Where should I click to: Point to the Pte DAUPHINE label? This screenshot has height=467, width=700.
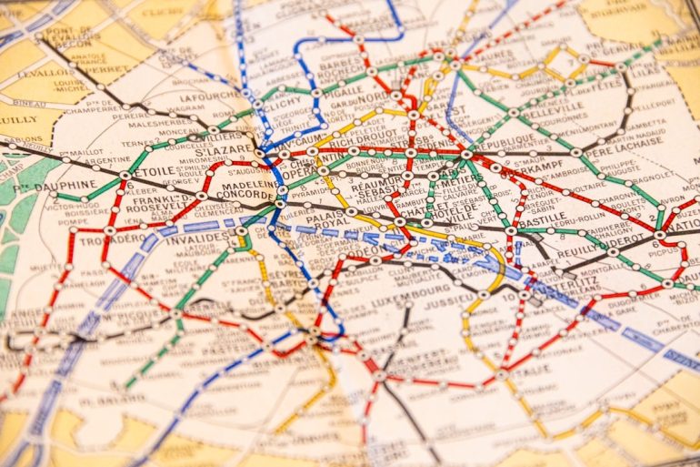click(x=63, y=185)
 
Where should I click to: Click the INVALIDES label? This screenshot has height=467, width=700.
click(x=196, y=238)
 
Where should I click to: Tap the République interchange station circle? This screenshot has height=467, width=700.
click(x=467, y=154)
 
